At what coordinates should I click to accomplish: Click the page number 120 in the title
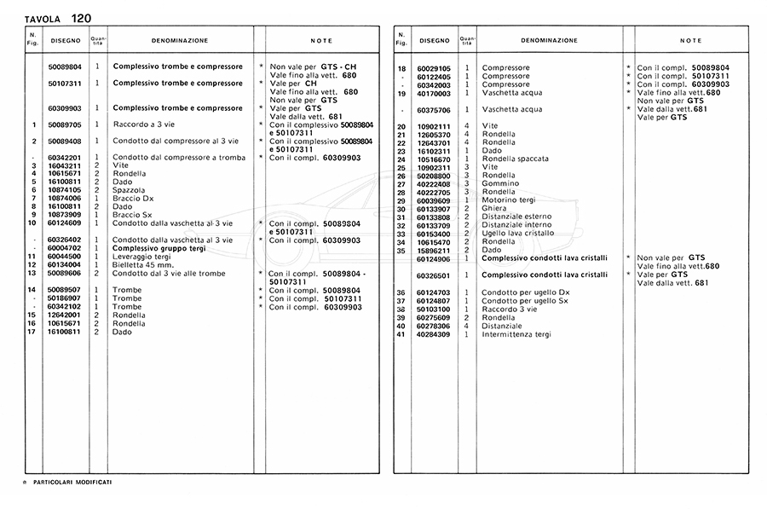point(83,18)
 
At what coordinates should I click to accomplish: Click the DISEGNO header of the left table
point(65,40)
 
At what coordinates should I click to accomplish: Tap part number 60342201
point(65,158)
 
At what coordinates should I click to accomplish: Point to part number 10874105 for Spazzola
point(65,190)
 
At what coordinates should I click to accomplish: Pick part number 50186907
point(65,298)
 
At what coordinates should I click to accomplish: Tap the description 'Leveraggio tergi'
point(141,257)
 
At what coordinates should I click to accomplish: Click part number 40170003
point(434,93)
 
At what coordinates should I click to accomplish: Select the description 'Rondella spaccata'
point(515,159)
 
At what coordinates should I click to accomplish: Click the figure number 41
point(401,334)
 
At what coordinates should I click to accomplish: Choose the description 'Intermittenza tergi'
point(516,334)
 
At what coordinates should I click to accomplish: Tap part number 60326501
point(434,275)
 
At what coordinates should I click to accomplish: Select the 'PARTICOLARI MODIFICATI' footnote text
point(72,483)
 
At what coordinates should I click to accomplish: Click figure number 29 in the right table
point(401,200)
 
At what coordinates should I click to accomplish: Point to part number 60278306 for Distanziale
point(434,326)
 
